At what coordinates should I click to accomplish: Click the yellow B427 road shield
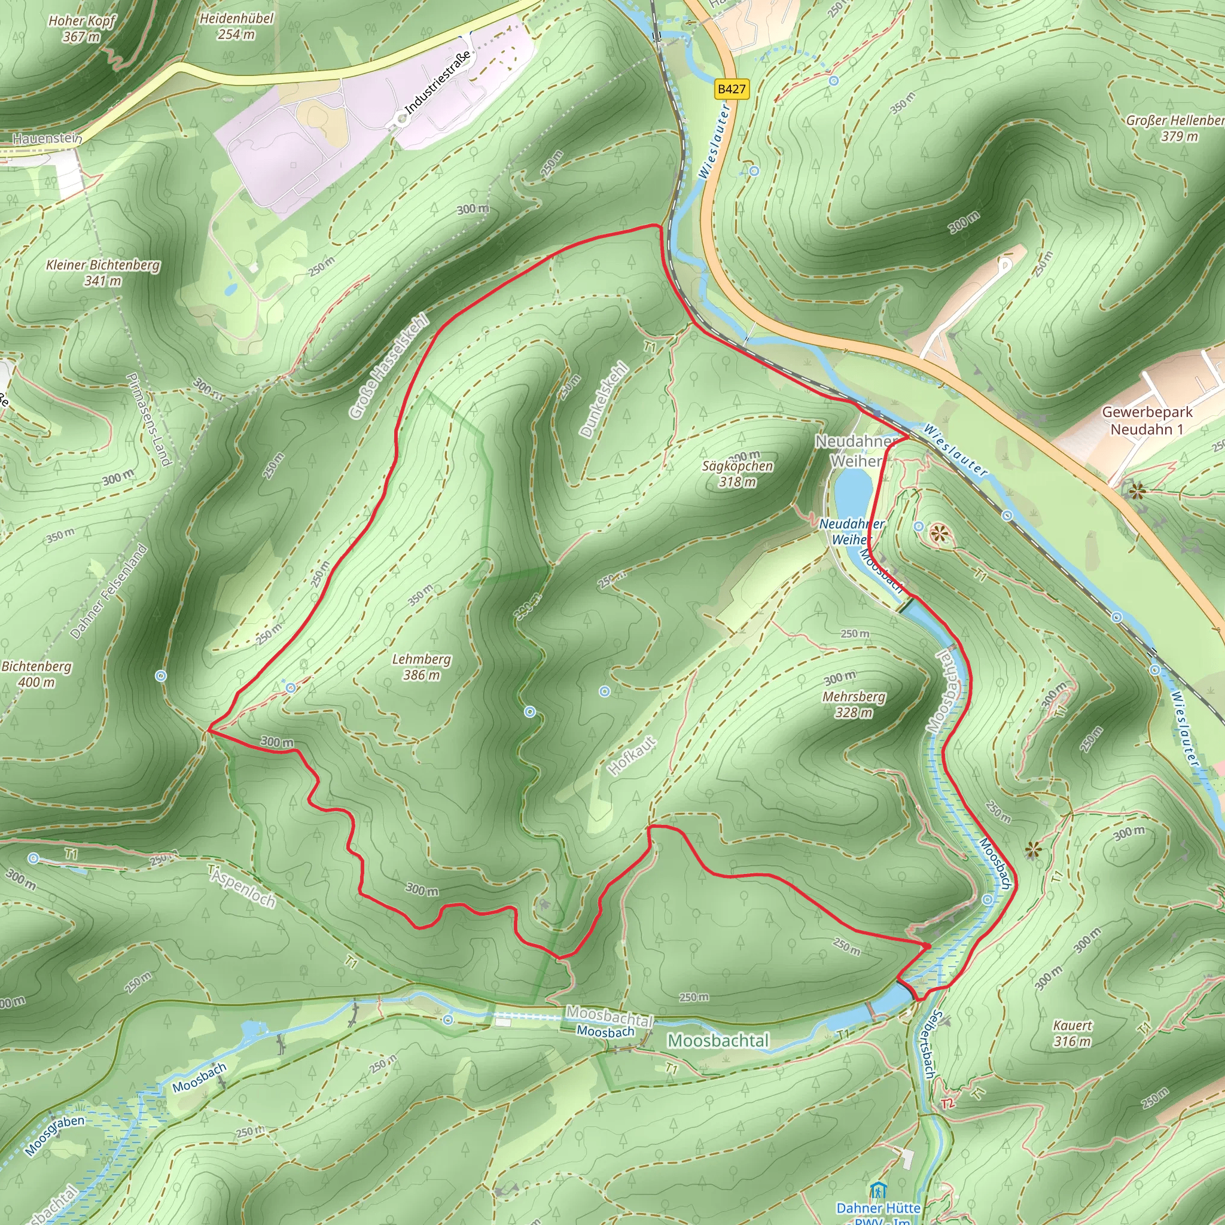tap(732, 89)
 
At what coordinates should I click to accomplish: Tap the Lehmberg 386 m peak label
tap(422, 667)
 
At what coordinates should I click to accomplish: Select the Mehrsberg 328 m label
tap(854, 705)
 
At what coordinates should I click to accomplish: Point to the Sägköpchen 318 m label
tap(738, 474)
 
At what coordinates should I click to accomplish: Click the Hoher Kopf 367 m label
tap(82, 29)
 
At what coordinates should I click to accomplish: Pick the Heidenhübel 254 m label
tap(236, 26)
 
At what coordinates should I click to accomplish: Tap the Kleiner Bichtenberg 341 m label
tap(103, 273)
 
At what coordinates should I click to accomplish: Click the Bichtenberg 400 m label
tap(36, 674)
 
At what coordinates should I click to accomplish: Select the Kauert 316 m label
tap(1072, 1034)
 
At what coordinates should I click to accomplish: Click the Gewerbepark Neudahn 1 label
tap(1147, 420)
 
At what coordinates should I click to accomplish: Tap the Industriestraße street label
tap(438, 83)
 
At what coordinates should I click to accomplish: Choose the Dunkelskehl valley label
tap(604, 400)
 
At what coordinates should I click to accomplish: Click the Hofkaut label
tap(632, 756)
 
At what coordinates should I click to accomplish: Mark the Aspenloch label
tap(243, 886)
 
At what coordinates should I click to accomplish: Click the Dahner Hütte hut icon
tap(878, 1190)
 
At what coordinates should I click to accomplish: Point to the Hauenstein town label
tap(47, 138)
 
